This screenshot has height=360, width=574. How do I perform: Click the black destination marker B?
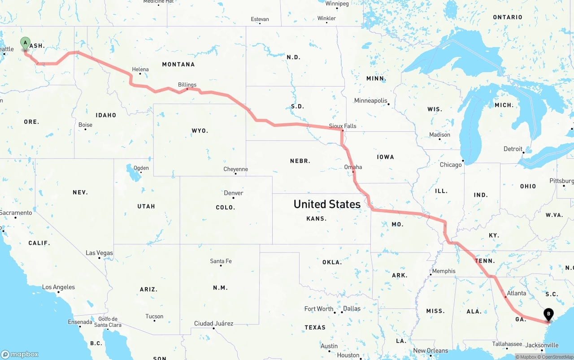point(548,314)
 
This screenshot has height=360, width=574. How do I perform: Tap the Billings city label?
point(187,85)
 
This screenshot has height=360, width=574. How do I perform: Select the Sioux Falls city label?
point(343,126)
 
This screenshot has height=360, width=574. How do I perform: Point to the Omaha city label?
point(353,167)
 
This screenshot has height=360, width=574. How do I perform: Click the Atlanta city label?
point(516,293)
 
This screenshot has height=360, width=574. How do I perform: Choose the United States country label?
point(327,204)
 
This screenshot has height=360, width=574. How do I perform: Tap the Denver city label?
point(234,193)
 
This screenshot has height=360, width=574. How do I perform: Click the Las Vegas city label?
point(100,253)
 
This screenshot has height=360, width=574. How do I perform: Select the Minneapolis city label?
point(371,100)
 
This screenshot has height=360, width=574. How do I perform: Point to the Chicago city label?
point(451,165)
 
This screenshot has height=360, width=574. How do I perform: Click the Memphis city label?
point(444,271)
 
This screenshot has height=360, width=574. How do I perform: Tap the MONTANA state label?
point(178,65)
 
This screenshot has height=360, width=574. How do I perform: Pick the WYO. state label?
point(200,131)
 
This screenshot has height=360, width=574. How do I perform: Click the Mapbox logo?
point(20,354)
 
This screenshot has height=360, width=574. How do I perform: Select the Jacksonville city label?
point(542,345)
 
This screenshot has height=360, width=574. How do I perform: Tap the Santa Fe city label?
point(221,261)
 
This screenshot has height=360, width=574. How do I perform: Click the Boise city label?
point(85,125)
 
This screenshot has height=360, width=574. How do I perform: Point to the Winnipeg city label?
point(337,4)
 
